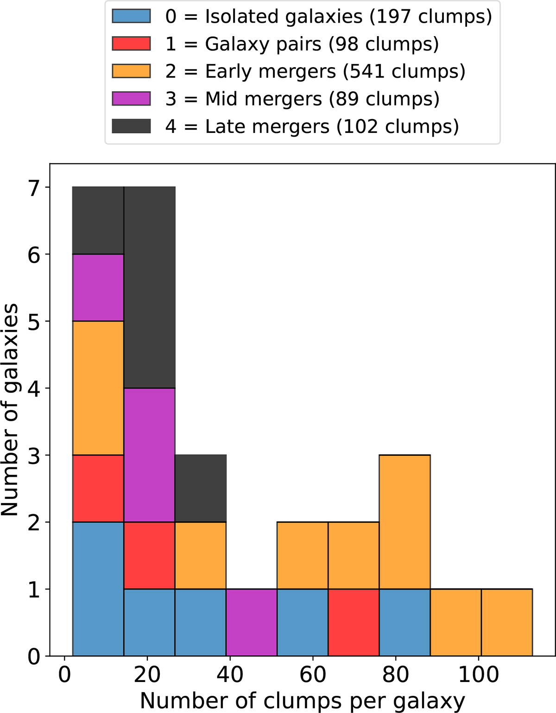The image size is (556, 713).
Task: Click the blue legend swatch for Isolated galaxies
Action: [131, 16]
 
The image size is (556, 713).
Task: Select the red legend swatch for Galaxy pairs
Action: [131, 44]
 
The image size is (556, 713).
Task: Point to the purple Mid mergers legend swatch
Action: [131, 99]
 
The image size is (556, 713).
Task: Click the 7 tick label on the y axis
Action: [34, 188]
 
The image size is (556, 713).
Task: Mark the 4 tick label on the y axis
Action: [34, 389]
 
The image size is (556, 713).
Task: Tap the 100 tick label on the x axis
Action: [478, 674]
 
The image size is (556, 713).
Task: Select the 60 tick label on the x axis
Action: [313, 674]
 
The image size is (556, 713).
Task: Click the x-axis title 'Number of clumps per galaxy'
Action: [302, 700]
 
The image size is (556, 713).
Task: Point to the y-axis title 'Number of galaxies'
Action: [10, 410]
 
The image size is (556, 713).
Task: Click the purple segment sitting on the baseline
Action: [252, 622]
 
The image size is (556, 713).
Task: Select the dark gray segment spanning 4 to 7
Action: [149, 287]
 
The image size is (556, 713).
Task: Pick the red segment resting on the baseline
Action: [354, 622]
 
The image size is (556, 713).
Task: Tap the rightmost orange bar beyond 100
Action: [507, 622]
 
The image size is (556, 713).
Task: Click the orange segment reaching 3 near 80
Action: [404, 522]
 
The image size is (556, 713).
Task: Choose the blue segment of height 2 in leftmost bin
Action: [98, 589]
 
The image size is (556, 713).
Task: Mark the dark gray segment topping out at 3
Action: [201, 488]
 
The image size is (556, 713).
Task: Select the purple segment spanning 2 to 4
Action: [149, 455]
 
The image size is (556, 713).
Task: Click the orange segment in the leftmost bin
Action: [98, 388]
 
